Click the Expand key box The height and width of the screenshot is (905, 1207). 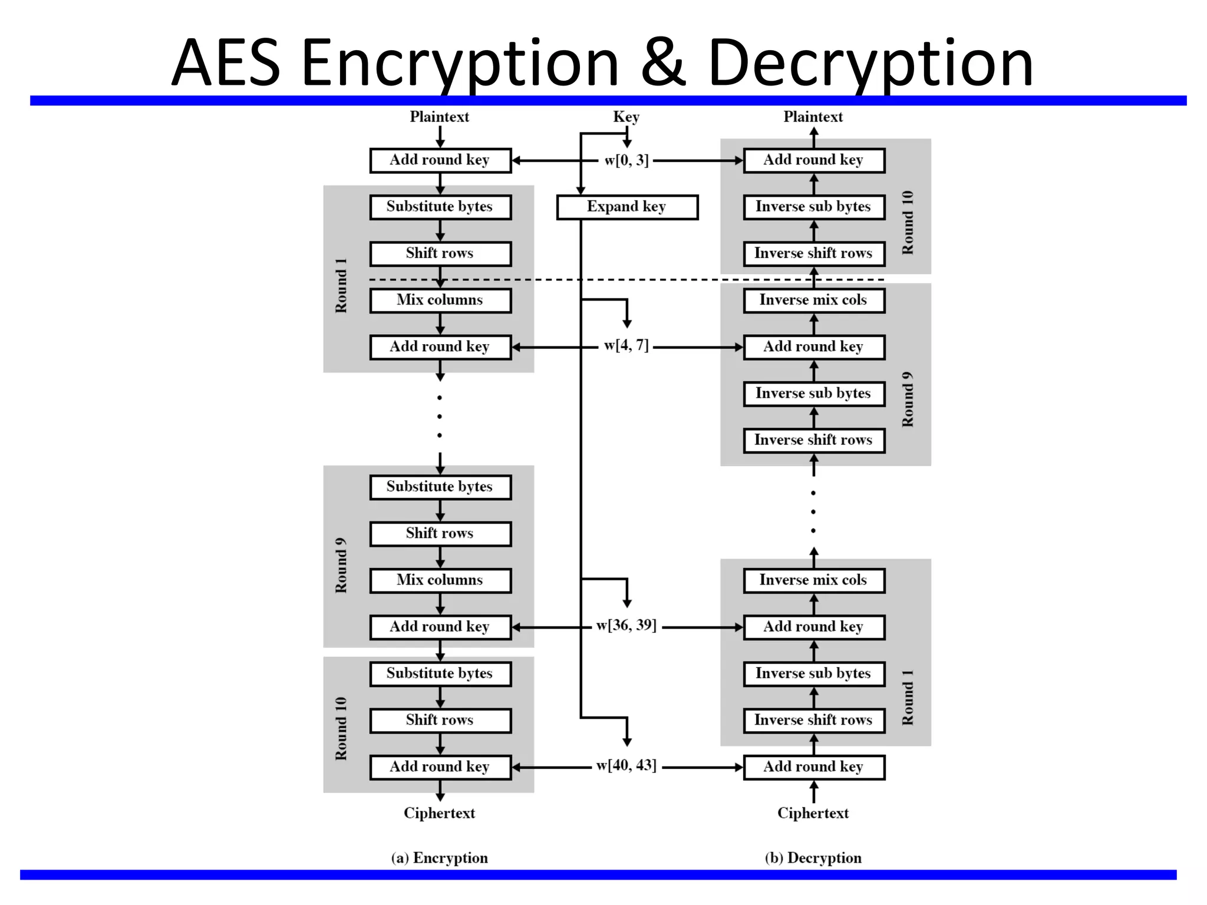[627, 207]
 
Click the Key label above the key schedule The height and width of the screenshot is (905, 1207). [626, 117]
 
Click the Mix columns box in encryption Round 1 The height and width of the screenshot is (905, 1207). [440, 300]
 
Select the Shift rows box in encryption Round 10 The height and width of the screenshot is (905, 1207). [440, 721]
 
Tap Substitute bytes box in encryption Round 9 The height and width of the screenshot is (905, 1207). [440, 487]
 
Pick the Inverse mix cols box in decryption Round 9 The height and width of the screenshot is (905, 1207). [814, 300]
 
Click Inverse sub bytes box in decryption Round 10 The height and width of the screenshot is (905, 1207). [814, 207]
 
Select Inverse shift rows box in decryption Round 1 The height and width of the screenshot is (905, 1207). [814, 721]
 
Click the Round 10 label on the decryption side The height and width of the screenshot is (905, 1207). [908, 223]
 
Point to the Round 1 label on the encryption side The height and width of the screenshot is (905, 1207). [341, 286]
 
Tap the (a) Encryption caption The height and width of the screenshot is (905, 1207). [440, 858]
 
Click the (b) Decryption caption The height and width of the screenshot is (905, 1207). [813, 858]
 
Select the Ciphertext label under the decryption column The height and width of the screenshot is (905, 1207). [813, 813]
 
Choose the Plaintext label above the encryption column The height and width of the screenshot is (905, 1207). [440, 117]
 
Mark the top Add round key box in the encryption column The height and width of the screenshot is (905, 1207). [440, 160]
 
